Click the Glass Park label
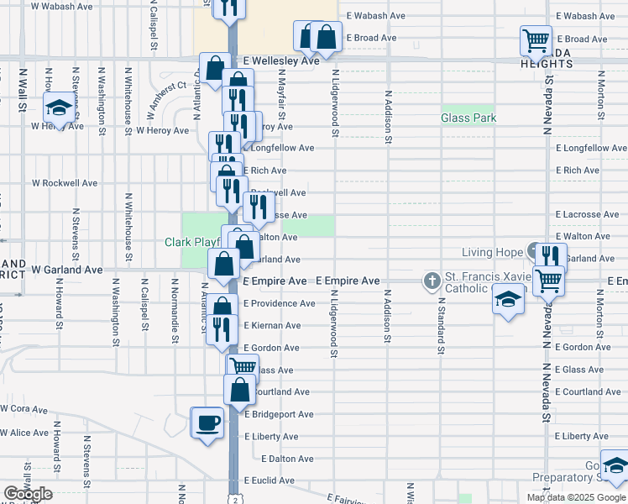click(468, 118)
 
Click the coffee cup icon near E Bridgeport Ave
click(207, 422)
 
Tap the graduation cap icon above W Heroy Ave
click(59, 108)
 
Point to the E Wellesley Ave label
click(281, 61)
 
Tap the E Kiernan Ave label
click(272, 326)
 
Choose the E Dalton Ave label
click(287, 459)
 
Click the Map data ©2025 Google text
click(575, 497)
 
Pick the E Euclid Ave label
click(269, 481)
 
